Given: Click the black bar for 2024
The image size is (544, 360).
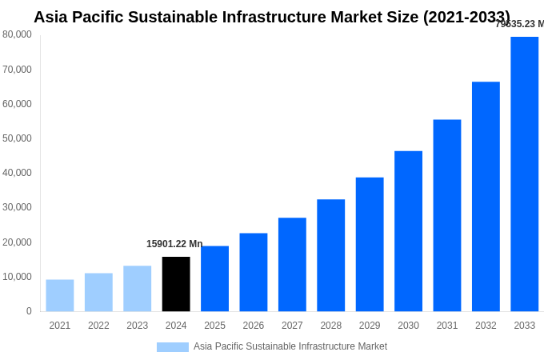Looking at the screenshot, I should (x=176, y=284).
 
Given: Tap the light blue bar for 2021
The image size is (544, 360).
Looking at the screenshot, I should (x=60, y=295).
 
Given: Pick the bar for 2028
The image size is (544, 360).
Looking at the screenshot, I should (x=330, y=255).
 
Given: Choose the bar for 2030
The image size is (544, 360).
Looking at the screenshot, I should (x=408, y=231).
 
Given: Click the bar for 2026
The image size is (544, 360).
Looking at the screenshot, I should (x=253, y=272).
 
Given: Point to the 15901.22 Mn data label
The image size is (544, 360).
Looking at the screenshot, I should (x=174, y=244).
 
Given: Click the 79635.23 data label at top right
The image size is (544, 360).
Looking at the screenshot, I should (x=519, y=24).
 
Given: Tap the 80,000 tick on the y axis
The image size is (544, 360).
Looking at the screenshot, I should (x=18, y=34).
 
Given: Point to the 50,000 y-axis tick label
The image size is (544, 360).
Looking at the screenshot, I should (x=18, y=138).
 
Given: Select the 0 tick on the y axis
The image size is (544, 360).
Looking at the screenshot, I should (x=29, y=311).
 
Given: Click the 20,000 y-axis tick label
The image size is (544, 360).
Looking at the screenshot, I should (x=18, y=242).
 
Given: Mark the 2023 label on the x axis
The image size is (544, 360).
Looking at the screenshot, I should (x=137, y=326).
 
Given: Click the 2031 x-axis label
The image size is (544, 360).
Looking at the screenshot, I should (x=447, y=326).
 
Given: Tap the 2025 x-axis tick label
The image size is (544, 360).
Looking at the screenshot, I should (x=214, y=326).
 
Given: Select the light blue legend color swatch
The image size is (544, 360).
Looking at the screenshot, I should (x=172, y=347).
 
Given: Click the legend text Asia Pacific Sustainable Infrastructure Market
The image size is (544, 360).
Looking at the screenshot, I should (x=290, y=346).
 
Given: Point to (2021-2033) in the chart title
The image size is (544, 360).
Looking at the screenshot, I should (x=466, y=17).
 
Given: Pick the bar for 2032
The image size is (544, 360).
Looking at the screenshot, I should (x=486, y=197).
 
